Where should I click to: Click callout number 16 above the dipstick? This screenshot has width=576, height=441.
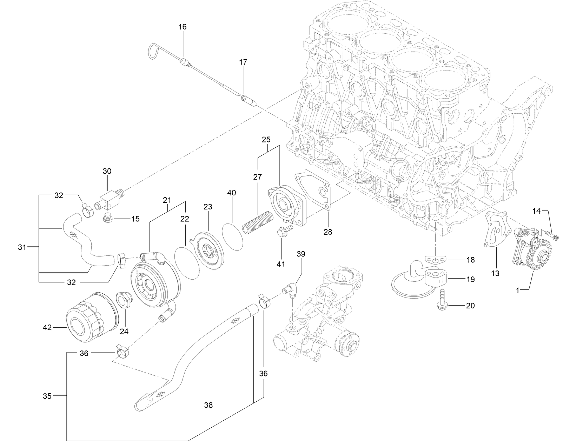pos(183,27)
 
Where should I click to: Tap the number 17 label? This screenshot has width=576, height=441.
pos(243,62)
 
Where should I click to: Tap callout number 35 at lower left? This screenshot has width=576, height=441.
pos(47,396)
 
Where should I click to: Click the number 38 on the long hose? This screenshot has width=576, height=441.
pos(208,405)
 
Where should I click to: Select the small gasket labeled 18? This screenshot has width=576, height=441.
pos(436,260)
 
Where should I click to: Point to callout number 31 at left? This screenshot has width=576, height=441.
pos(22,247)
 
